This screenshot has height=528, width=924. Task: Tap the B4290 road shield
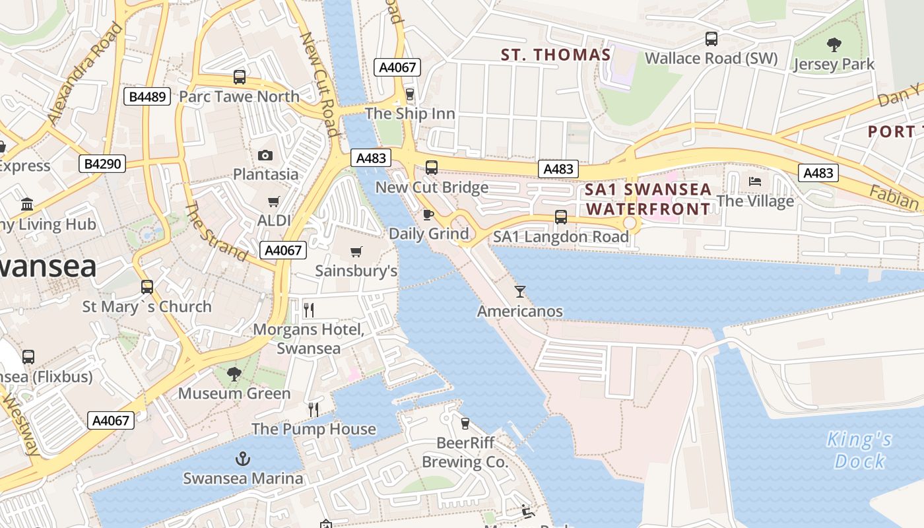click(102, 164)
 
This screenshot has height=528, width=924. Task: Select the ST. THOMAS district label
click(556, 55)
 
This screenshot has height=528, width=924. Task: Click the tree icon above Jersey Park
click(834, 45)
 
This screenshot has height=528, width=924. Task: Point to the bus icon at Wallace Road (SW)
click(711, 39)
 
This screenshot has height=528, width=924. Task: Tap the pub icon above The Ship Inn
click(410, 94)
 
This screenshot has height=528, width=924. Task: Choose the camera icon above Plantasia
click(265, 155)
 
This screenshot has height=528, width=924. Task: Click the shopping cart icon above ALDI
click(273, 201)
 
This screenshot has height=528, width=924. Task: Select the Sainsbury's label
click(356, 271)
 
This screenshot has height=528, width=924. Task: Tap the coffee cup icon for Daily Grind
click(428, 214)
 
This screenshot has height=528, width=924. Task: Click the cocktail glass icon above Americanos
click(520, 291)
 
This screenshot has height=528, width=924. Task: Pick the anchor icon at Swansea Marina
click(243, 459)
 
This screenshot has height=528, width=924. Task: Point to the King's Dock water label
click(859, 449)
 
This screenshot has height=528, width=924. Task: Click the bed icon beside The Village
click(755, 181)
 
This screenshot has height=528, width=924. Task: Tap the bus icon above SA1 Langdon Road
click(561, 216)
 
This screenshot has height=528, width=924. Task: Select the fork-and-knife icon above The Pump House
click(313, 409)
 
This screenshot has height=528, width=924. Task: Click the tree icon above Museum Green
click(234, 374)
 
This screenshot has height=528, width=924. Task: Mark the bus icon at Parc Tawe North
click(240, 77)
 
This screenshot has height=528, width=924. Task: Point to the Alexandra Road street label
click(86, 74)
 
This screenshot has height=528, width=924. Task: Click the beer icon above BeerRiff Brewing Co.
click(465, 423)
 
